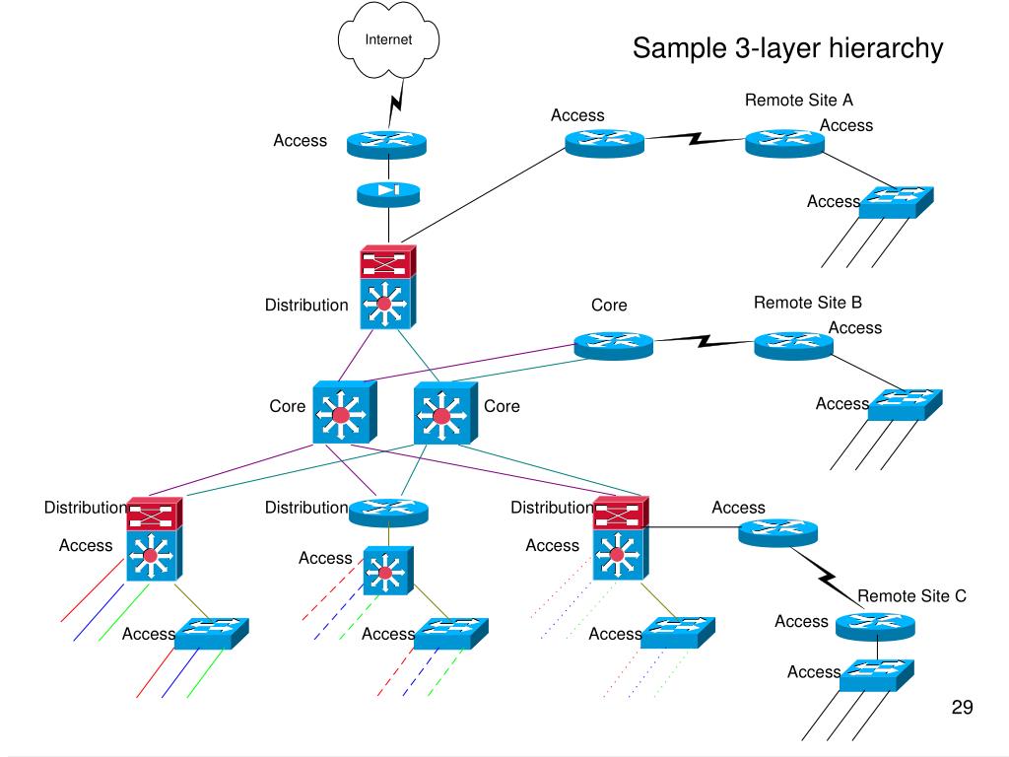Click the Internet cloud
click(388, 39)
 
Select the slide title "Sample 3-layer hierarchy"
click(787, 48)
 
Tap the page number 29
click(962, 707)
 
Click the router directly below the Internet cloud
click(386, 144)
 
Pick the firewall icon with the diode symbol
click(388, 194)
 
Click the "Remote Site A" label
click(798, 100)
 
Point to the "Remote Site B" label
click(808, 303)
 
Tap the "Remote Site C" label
click(911, 596)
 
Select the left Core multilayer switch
click(344, 413)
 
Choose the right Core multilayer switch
click(445, 413)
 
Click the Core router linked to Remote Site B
click(613, 346)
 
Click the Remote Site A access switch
click(897, 202)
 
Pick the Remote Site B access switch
click(905, 405)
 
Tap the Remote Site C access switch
click(877, 674)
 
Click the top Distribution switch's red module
click(388, 262)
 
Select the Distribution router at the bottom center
click(388, 513)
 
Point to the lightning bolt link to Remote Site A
click(695, 138)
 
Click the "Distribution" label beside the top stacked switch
click(306, 306)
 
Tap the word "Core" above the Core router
click(609, 306)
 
